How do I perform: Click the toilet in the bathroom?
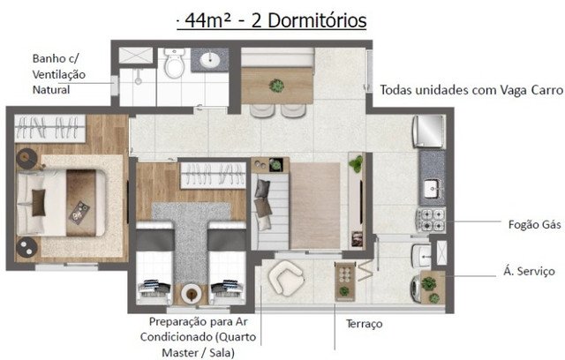175,63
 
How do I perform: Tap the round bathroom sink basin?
210,60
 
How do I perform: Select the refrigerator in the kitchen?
429,131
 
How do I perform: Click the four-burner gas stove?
431,220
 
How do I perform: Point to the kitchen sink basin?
431,189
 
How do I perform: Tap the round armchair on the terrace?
286,278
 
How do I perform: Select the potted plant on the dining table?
276,86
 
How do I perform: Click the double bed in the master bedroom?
61,203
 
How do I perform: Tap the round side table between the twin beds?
191,294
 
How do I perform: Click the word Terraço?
364,324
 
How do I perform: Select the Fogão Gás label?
534,225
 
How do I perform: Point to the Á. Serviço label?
529,271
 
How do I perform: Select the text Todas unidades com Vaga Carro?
471,90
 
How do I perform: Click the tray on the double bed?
79,213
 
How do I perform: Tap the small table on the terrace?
345,281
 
